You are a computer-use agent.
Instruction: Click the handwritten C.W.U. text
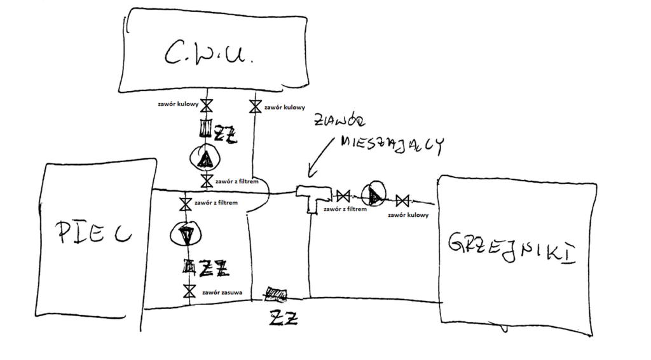(209, 56)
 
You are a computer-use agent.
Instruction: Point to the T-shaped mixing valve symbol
(311, 195)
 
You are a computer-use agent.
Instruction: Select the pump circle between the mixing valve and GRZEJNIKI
(373, 195)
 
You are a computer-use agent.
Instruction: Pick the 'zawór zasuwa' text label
(222, 293)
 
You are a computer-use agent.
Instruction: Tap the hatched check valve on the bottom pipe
(276, 294)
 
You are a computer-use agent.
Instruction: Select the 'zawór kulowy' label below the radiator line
(408, 215)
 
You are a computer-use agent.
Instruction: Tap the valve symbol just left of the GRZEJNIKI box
(402, 202)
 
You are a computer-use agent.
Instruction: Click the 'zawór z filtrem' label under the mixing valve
(345, 208)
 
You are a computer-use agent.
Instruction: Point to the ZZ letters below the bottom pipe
(283, 317)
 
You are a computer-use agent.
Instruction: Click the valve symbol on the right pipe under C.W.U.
(255, 106)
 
